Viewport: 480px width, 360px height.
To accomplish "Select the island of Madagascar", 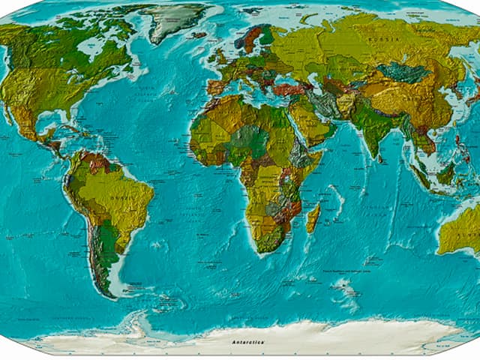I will pos(313,217).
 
